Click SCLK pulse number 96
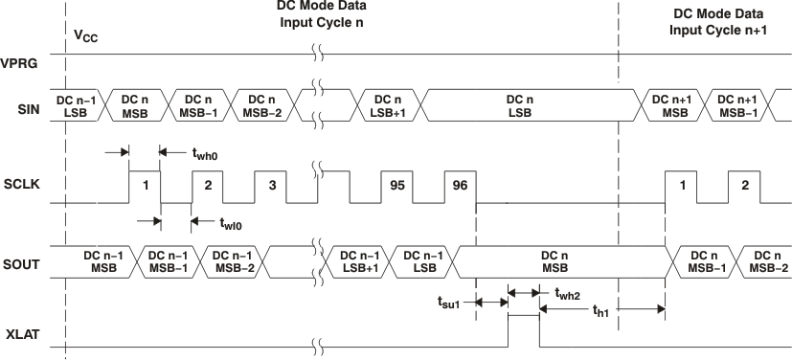pos(461,185)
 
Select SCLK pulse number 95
pos(396,185)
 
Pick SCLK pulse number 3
pos(271,185)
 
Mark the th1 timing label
pos(600,310)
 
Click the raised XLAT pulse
pos(524,330)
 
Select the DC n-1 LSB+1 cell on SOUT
pos(357,261)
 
